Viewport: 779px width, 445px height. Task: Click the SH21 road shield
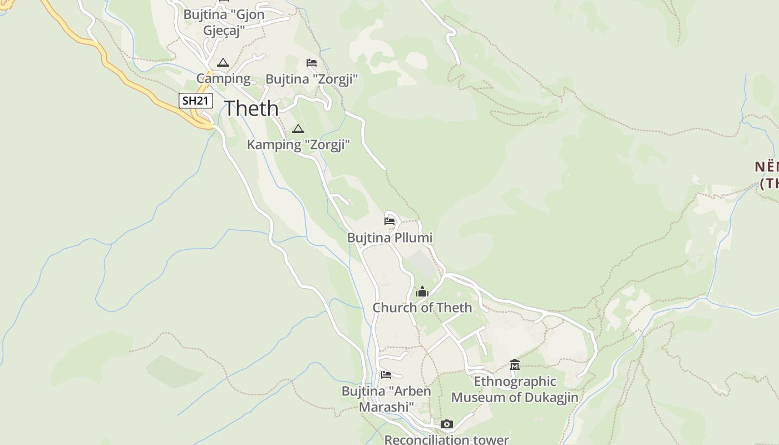196,101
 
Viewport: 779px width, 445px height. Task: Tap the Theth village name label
251,108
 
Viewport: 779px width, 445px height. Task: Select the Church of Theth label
422,308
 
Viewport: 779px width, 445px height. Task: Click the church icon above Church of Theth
422,292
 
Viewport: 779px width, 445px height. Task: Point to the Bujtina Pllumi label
389,238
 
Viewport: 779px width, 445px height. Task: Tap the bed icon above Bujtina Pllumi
389,221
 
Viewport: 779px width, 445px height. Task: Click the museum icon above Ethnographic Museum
515,365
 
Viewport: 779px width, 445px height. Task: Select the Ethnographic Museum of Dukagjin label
515,389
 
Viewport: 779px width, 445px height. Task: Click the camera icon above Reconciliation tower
446,424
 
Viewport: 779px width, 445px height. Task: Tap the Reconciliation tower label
446,439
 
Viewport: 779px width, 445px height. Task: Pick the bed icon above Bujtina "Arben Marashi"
386,375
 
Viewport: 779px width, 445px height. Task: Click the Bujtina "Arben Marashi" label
386,399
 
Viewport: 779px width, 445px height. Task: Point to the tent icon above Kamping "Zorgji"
298,129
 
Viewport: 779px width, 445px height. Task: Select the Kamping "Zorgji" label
298,145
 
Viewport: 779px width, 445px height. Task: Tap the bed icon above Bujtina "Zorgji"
312,63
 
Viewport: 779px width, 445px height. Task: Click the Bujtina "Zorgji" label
312,80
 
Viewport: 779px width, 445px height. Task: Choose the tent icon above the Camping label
223,62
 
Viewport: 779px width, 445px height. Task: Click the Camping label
223,78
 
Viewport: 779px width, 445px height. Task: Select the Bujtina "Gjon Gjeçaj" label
224,22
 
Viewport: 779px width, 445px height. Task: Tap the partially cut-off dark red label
767,175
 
